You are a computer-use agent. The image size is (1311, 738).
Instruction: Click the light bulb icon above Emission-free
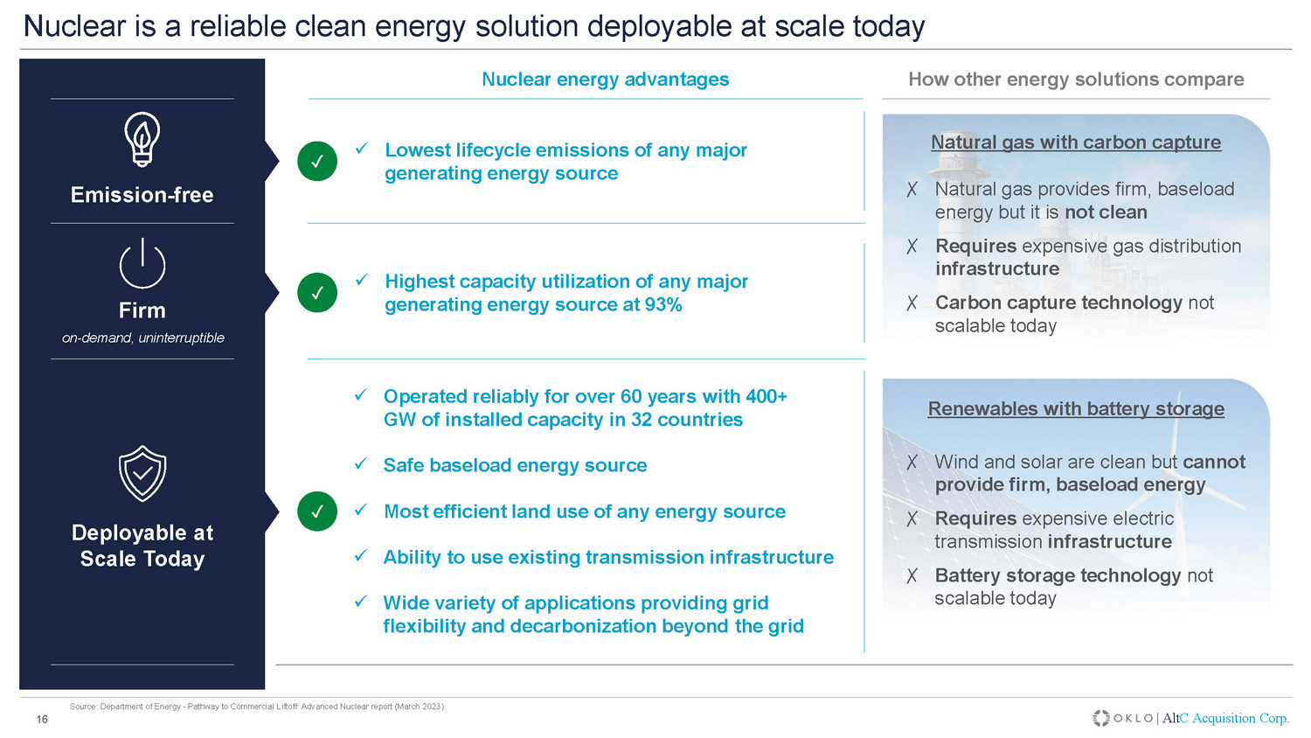[x=142, y=139]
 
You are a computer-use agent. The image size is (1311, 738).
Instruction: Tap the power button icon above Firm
[x=142, y=264]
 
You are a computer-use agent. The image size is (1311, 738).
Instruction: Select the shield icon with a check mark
[x=142, y=473]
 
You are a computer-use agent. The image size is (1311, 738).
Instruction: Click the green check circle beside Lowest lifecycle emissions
[x=317, y=161]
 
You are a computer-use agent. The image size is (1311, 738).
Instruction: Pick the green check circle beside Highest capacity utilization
[x=317, y=292]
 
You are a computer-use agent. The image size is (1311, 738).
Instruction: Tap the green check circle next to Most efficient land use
[x=317, y=512]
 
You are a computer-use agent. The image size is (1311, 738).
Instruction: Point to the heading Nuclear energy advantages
[x=605, y=79]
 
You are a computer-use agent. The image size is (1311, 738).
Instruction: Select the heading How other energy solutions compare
[x=1076, y=79]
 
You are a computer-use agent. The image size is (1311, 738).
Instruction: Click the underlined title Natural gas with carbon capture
[x=1076, y=143]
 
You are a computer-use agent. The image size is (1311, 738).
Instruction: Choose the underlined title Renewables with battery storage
[x=1076, y=409]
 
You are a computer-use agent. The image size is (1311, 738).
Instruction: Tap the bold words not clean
[x=1106, y=212]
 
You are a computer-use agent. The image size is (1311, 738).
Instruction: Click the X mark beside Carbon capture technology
[x=912, y=303]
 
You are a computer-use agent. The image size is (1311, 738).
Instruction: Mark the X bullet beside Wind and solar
[x=912, y=463]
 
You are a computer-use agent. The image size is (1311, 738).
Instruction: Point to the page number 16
[x=42, y=720]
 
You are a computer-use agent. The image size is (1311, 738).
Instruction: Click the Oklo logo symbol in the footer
[x=1101, y=718]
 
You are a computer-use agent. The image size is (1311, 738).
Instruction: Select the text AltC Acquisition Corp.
[x=1225, y=718]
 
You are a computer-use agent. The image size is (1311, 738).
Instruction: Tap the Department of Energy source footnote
[x=258, y=707]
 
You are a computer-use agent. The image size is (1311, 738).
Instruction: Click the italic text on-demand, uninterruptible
[x=142, y=338]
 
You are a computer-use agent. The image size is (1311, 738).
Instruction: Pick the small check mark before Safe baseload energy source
[x=360, y=464]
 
